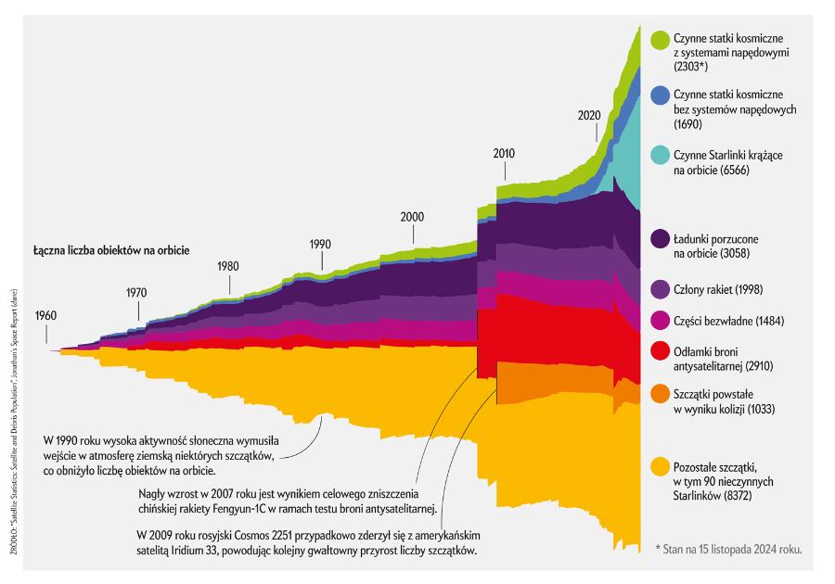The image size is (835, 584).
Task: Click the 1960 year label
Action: pos(46,315)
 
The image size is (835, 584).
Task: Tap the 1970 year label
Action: pos(136,292)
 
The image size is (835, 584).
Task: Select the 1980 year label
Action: pos(227,266)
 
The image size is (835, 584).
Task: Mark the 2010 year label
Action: pos(504,153)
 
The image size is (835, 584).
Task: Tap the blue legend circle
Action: pos(661,95)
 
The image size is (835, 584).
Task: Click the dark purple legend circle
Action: pos(661,238)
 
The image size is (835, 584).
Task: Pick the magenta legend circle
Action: pos(661,319)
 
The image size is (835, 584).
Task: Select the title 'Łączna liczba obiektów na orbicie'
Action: pos(116,251)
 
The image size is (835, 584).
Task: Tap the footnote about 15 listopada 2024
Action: pos(728,549)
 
